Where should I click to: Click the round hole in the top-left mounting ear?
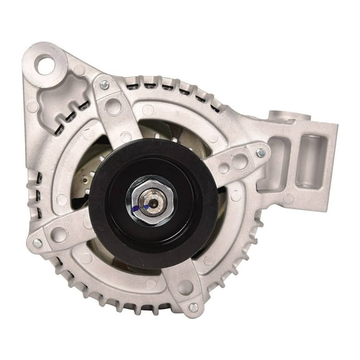(45, 62)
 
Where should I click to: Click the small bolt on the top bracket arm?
(104, 85)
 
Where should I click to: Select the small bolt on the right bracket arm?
(261, 152)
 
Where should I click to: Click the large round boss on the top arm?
(113, 106)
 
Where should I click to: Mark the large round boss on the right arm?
(240, 162)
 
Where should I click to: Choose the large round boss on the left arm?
(59, 234)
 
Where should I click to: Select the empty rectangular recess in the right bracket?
(275, 164)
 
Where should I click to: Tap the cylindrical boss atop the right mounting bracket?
(288, 116)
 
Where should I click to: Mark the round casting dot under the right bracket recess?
(288, 198)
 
